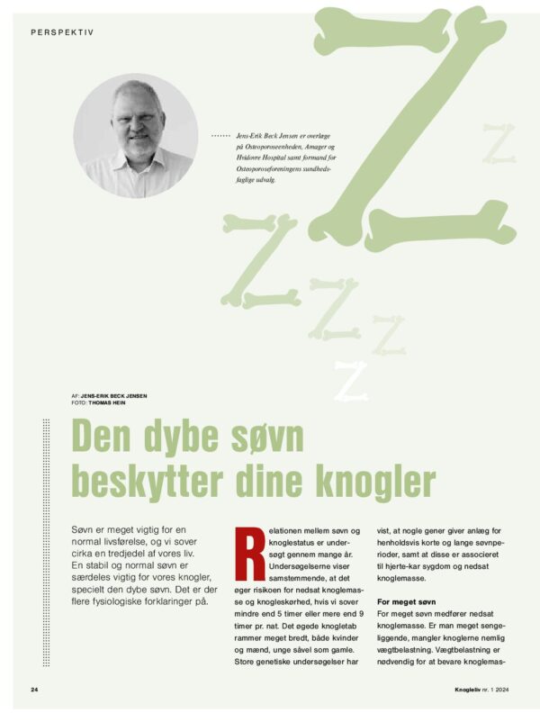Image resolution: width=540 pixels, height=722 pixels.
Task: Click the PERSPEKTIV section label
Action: (x=62, y=32)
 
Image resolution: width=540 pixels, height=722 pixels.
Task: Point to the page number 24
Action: (x=34, y=690)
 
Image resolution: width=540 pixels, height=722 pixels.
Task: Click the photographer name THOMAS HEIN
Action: (x=110, y=402)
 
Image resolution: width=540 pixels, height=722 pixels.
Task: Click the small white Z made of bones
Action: (x=351, y=381)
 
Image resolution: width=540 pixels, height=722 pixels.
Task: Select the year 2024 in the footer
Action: (x=497, y=690)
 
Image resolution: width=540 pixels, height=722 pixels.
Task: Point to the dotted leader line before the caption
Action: (x=220, y=135)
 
